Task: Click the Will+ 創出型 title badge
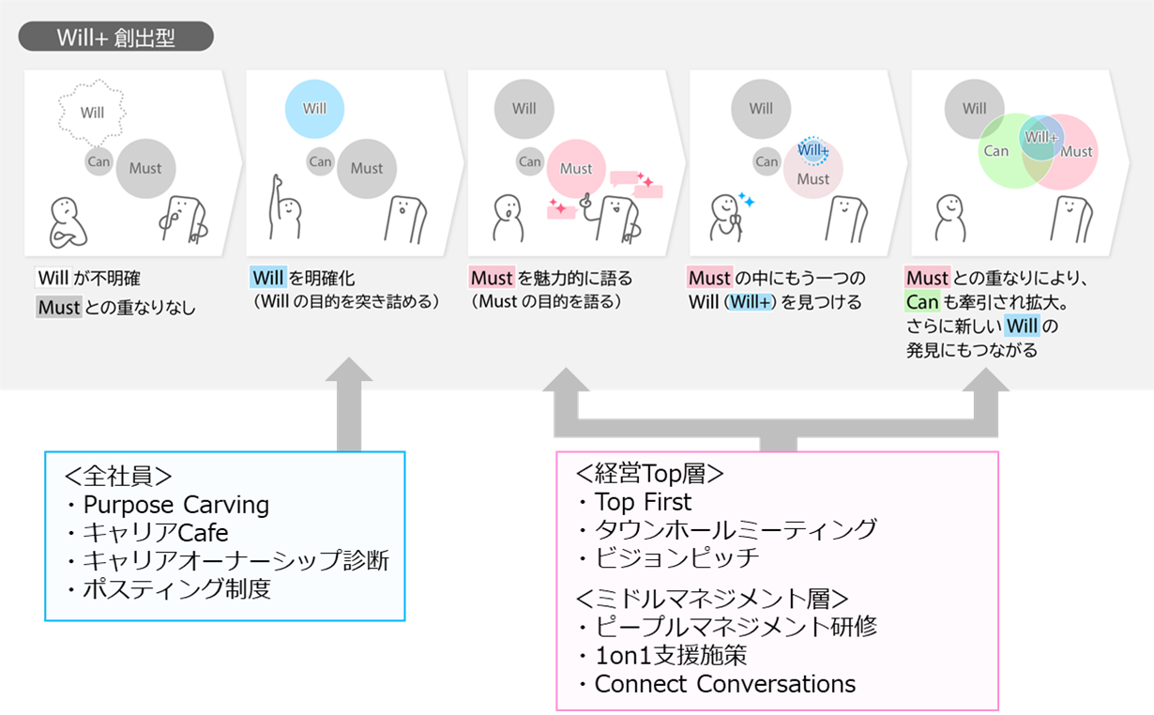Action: coord(116,38)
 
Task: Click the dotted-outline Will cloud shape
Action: coord(92,113)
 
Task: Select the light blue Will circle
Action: coord(314,108)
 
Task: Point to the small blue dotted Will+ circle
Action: coord(812,149)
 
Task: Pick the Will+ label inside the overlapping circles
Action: coord(1040,137)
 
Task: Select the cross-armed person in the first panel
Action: coord(67,221)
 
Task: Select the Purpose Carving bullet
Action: coord(167,505)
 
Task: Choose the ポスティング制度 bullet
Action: coord(167,590)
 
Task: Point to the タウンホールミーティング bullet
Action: coord(726,529)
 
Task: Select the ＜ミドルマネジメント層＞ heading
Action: coord(712,599)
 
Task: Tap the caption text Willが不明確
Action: coord(89,279)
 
